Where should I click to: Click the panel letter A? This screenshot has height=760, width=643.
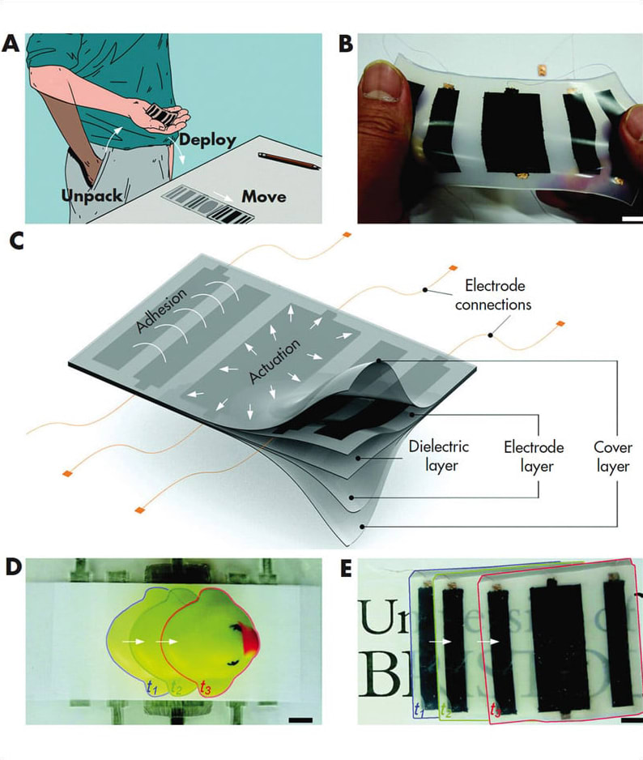pos(11,44)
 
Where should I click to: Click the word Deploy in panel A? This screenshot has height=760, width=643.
pos(207,139)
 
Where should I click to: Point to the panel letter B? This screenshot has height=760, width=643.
pos(346,44)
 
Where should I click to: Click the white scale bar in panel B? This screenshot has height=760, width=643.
pos(632,219)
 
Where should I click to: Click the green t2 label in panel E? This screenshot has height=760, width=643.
pos(445,711)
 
